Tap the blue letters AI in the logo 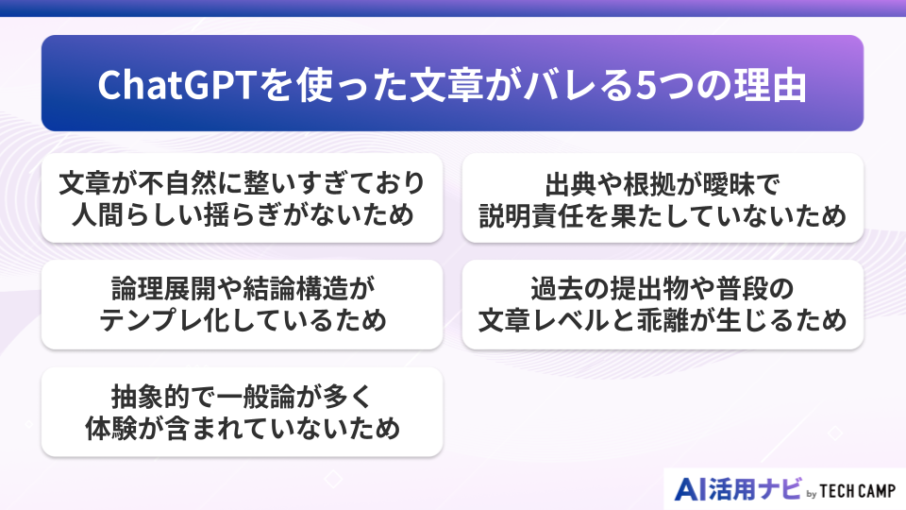(693, 489)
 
